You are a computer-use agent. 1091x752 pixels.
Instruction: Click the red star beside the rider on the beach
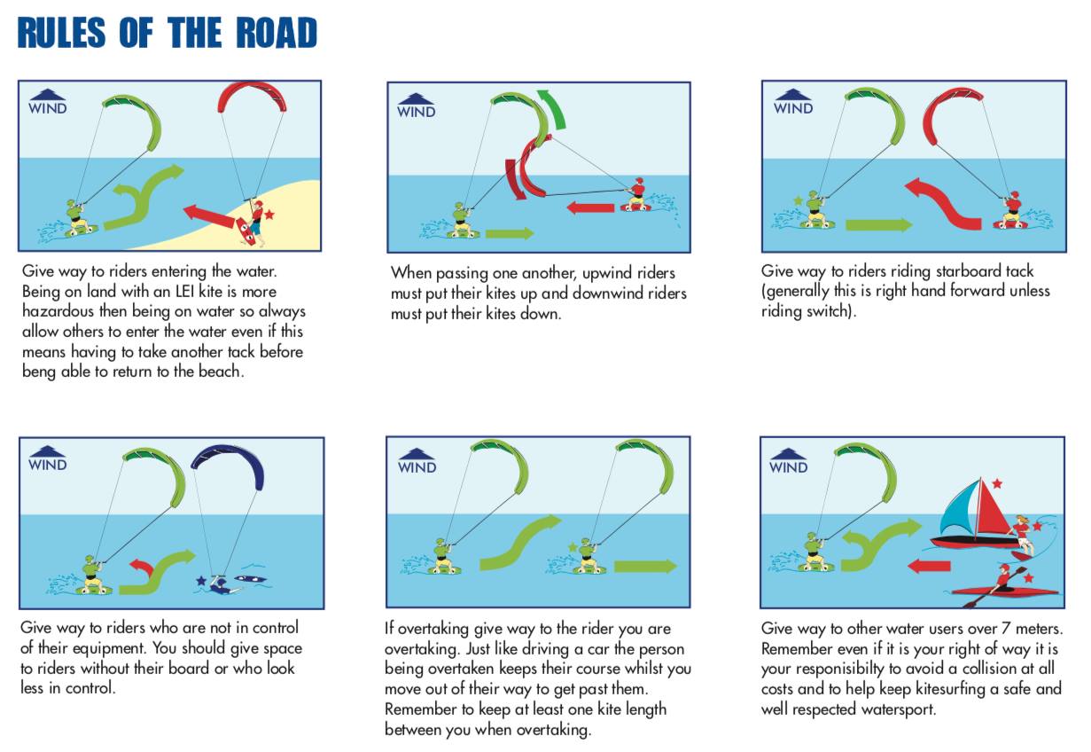(x=269, y=215)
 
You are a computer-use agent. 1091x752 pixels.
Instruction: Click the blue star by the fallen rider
(x=201, y=581)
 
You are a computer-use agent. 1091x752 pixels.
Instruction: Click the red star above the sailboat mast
(x=997, y=484)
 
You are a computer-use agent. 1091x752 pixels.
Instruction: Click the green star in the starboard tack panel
(x=798, y=201)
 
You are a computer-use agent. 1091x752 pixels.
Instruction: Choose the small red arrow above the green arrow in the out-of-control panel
(x=140, y=565)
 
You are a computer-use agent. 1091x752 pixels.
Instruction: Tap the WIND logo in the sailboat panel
(x=789, y=461)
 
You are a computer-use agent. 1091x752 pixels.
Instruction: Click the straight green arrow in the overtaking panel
(x=645, y=567)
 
